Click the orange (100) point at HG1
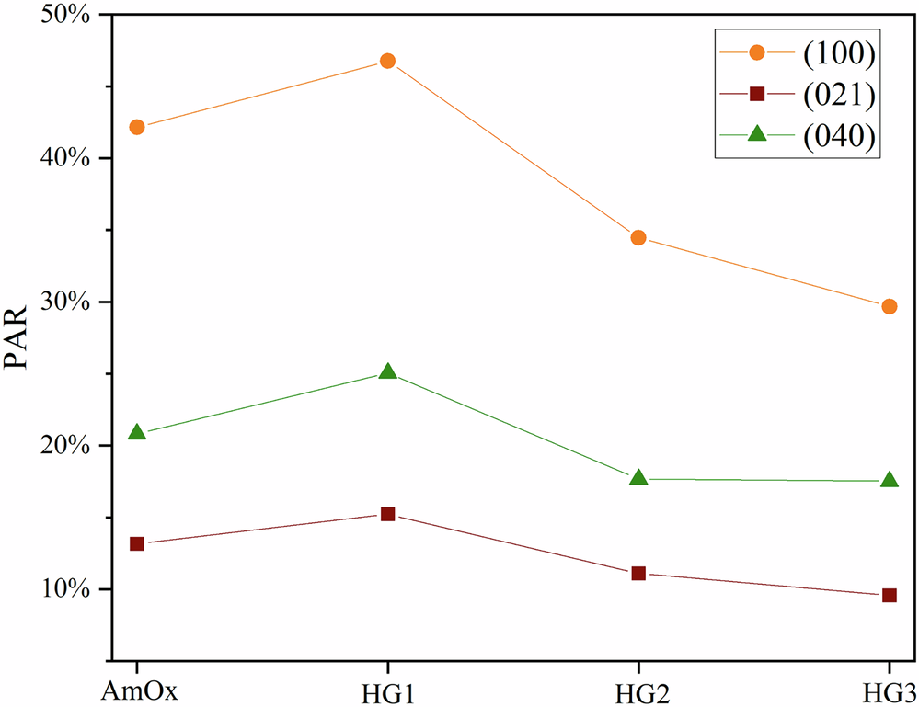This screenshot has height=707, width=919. [387, 62]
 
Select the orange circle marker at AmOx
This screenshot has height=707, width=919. [137, 127]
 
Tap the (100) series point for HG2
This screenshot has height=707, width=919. [638, 238]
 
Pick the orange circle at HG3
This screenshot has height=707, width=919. [890, 306]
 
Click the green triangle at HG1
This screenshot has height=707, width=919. [387, 372]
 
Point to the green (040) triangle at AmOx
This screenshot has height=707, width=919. [137, 432]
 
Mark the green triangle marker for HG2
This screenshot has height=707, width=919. [638, 478]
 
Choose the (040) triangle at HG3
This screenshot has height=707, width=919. [890, 480]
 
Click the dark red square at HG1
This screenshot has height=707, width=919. [387, 514]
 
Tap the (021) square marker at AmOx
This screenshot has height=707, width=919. [137, 544]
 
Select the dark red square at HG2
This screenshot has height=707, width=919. [638, 573]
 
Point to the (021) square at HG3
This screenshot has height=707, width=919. [890, 596]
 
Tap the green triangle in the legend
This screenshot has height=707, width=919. [757, 133]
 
